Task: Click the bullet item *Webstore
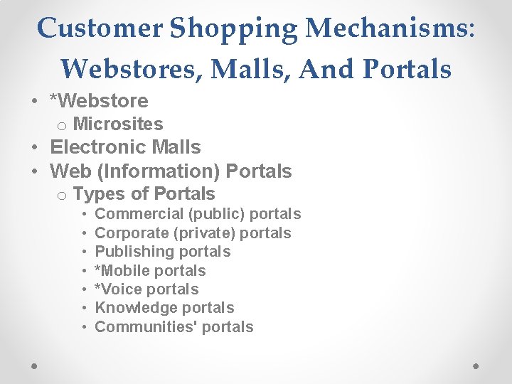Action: click(99, 101)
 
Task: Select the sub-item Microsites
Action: click(118, 124)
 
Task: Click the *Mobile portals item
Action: click(150, 271)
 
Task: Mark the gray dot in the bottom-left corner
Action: click(35, 365)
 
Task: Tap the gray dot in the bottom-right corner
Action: click(476, 365)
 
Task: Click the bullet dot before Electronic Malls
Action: click(34, 148)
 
